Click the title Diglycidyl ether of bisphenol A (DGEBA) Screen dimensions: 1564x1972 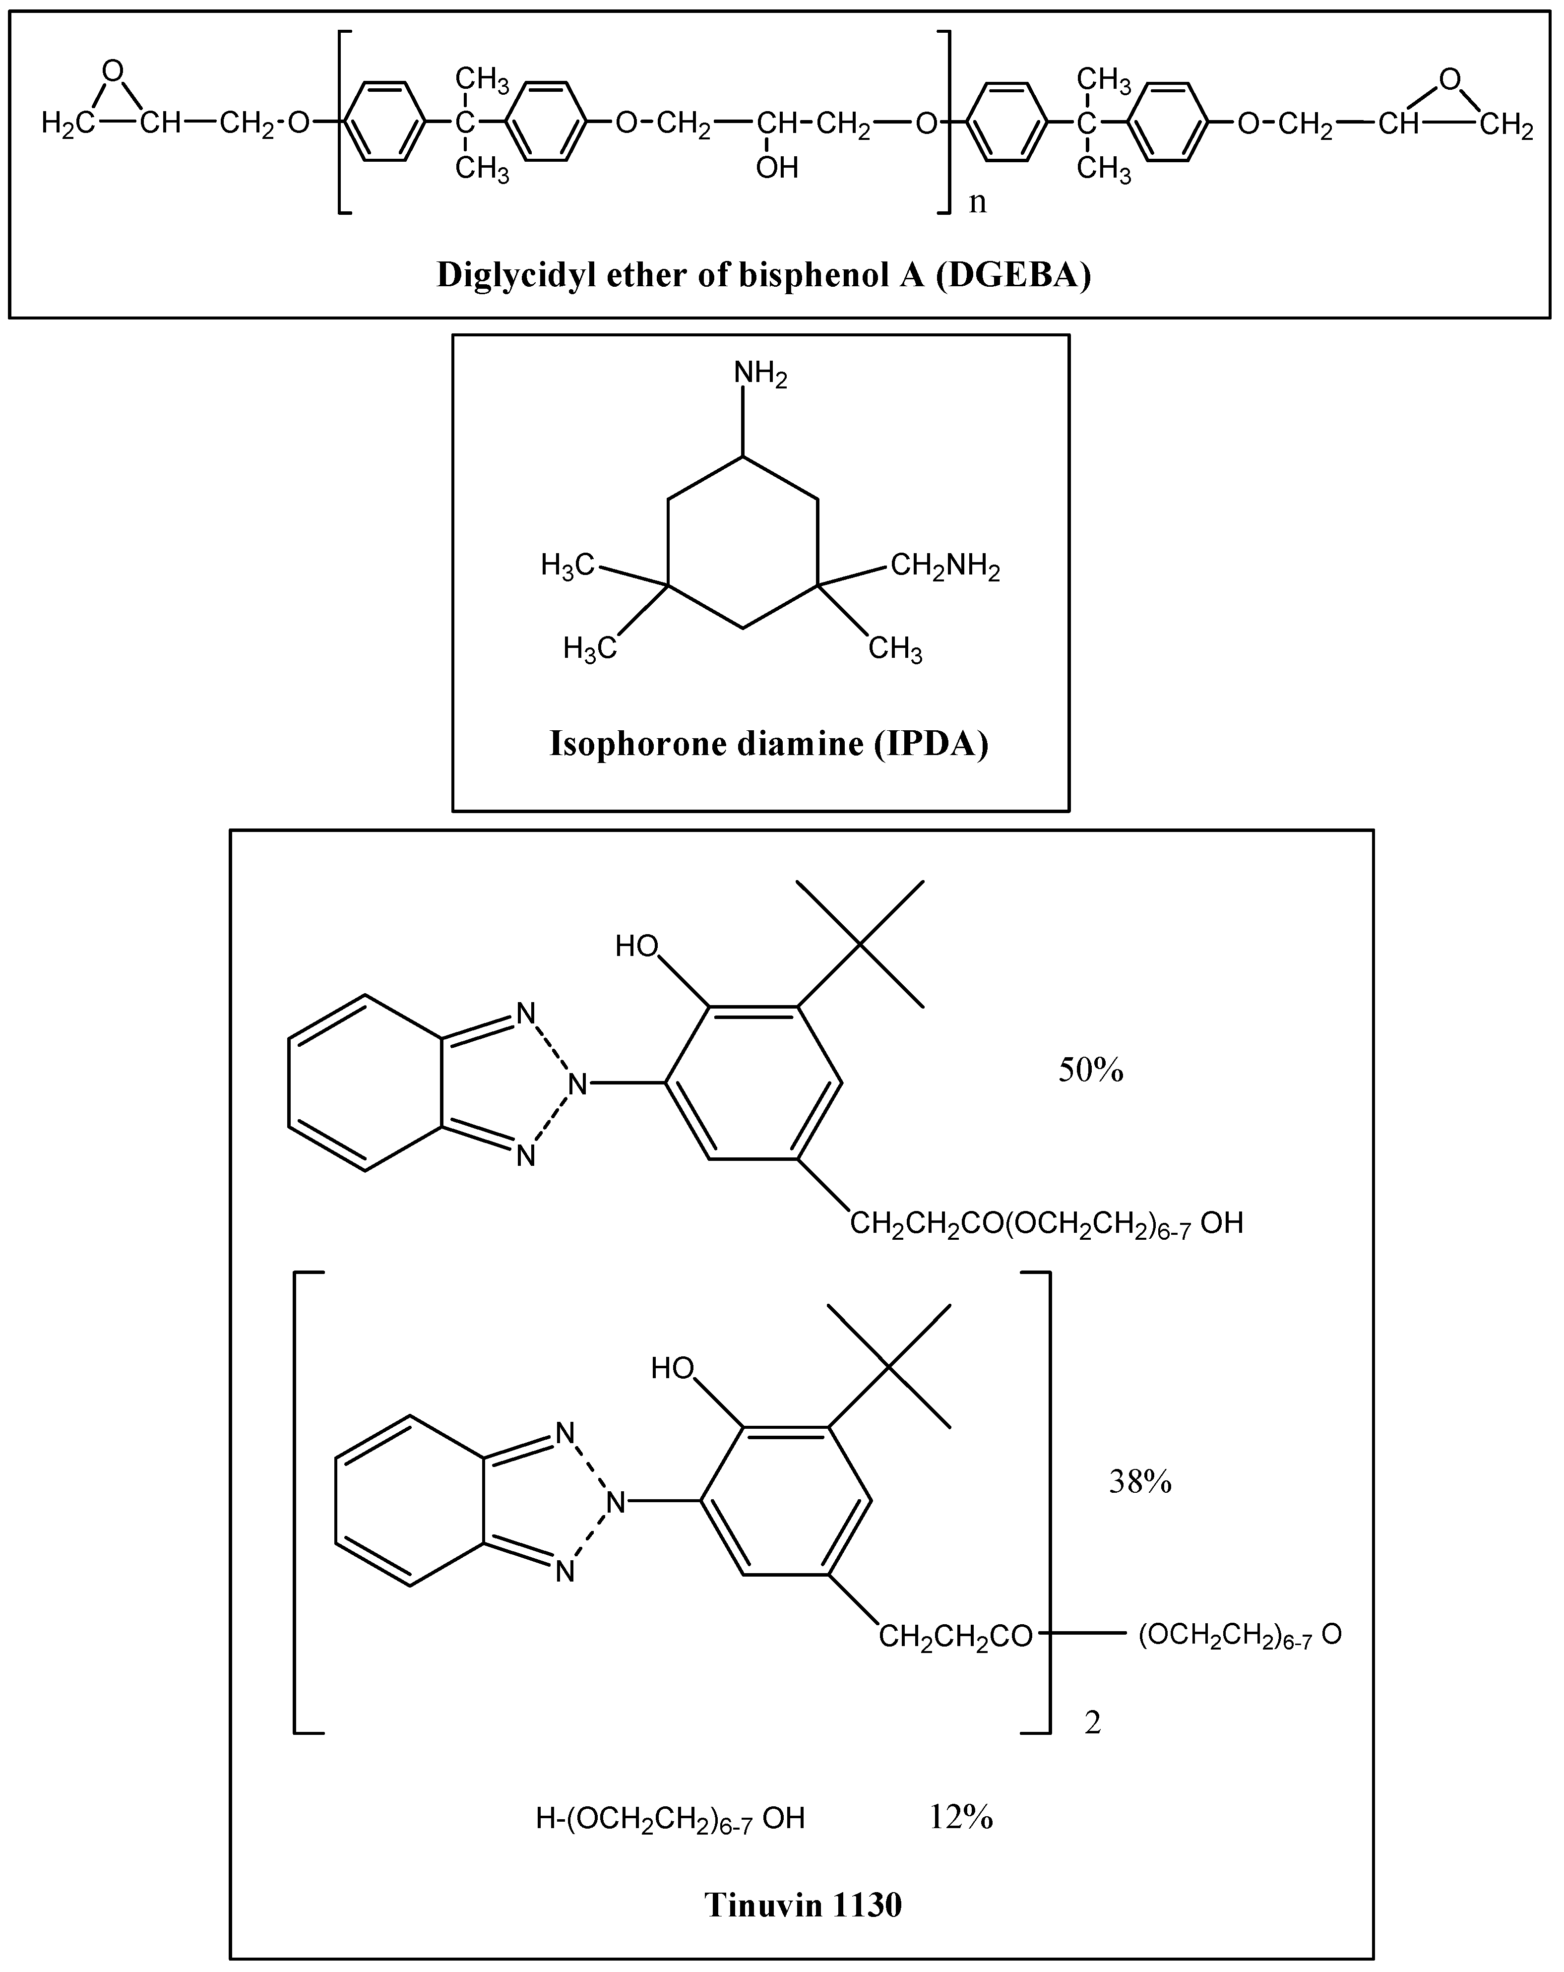pos(764,274)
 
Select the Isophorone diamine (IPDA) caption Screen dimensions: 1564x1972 pos(768,744)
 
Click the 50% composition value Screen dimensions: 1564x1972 pos(1090,1069)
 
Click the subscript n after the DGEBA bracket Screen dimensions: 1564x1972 pos(978,201)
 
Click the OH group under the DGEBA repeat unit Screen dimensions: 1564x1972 pos(776,167)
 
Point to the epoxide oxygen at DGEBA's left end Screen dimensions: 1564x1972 pos(113,70)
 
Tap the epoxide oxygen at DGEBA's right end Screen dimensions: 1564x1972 pos(1450,79)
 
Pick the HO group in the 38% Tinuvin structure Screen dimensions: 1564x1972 pos(672,1368)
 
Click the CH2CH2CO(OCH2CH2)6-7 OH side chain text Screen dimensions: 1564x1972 pos(1046,1223)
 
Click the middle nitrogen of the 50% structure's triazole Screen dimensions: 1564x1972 pos(577,1084)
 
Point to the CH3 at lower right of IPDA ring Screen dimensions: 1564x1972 pos(894,649)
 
